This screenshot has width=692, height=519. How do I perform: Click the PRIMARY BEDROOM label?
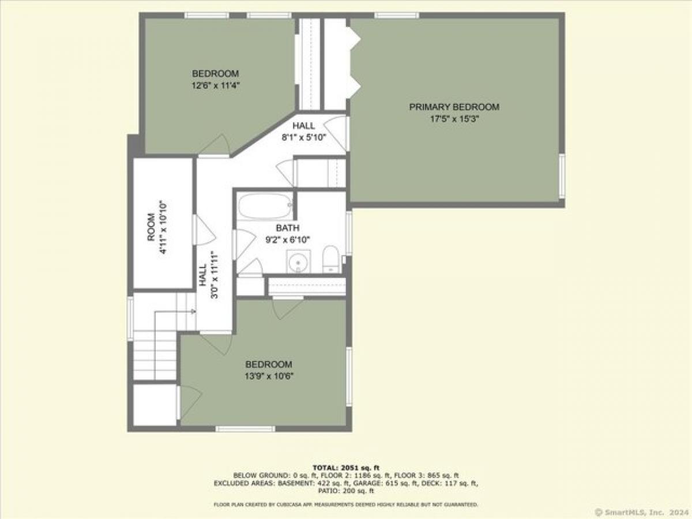click(454, 107)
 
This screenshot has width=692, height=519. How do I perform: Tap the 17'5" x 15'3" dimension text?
click(454, 119)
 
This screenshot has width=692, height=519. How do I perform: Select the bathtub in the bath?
click(265, 206)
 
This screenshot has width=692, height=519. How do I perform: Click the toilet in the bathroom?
click(330, 259)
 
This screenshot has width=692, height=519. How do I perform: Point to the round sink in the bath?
click(298, 262)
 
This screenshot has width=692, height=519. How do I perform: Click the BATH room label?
click(288, 228)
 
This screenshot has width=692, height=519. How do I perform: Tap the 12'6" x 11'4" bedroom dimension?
click(216, 85)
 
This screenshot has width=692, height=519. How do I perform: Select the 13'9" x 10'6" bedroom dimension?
click(269, 376)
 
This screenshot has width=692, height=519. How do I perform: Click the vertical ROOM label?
click(151, 227)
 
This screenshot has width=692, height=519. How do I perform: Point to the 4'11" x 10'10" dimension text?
click(163, 227)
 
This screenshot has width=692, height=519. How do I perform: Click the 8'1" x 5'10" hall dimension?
click(303, 137)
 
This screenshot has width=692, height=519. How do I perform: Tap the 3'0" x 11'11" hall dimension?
click(215, 275)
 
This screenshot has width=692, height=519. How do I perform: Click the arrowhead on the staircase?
click(194, 311)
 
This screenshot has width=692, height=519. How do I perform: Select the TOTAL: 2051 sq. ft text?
click(346, 468)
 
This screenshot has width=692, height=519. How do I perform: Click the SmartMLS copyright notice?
click(642, 512)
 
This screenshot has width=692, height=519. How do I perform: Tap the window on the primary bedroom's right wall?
click(562, 176)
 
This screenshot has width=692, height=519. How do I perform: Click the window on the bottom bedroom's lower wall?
click(245, 429)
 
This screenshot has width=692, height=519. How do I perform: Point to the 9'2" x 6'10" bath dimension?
click(288, 240)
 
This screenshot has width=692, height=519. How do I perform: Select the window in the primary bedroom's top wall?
click(397, 15)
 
